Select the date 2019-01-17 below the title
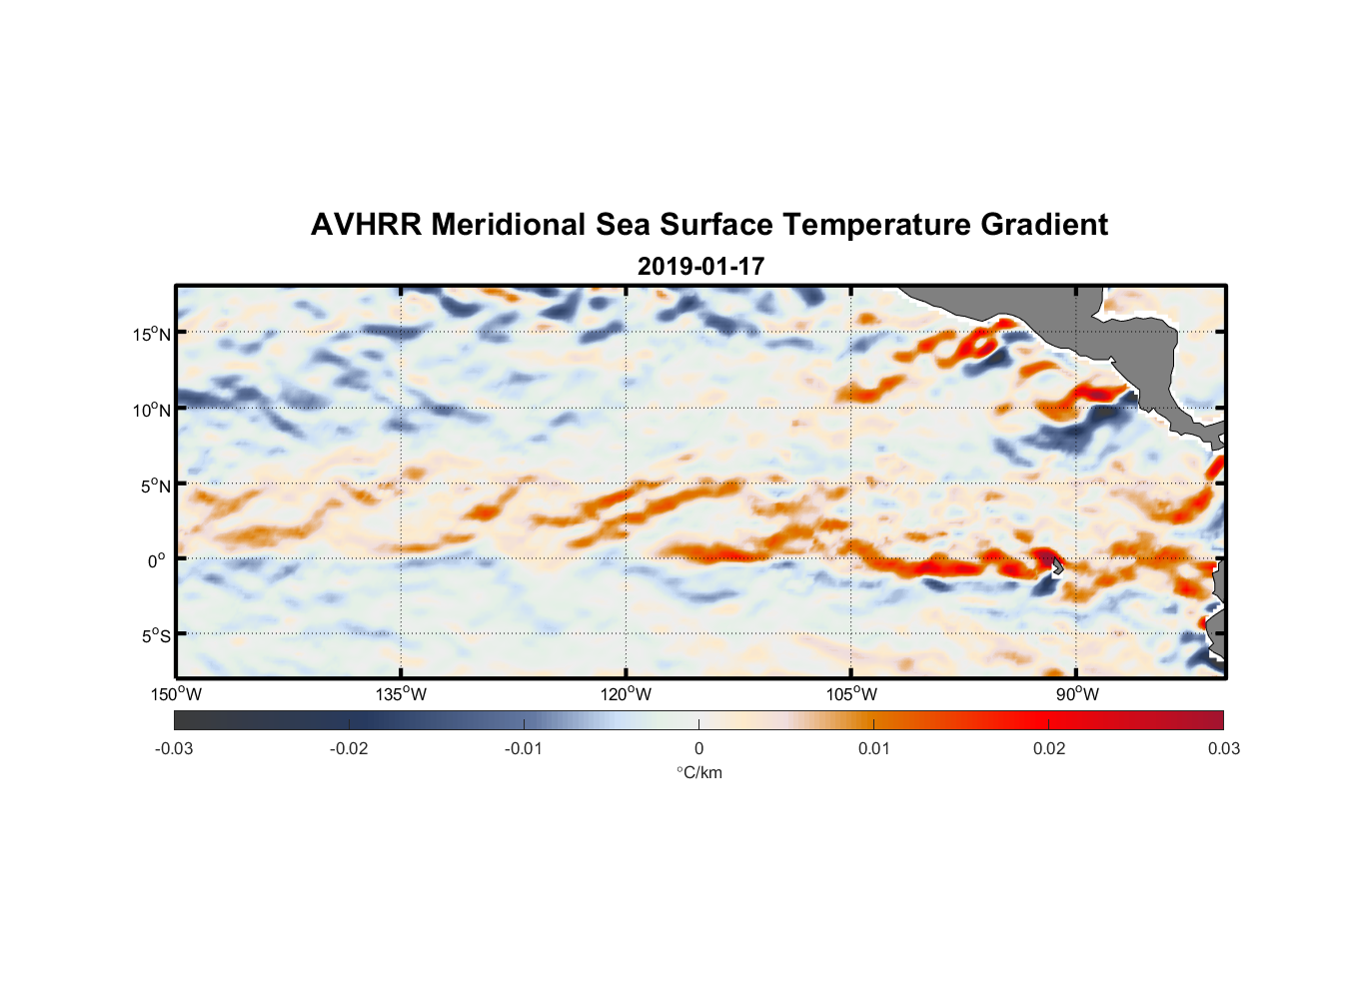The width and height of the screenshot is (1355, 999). (700, 267)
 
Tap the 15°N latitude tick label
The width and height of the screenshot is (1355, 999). (152, 334)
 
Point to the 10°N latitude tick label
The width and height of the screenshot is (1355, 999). (152, 410)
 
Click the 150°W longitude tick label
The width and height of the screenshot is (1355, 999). (176, 694)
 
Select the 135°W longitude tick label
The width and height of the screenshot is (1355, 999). (402, 694)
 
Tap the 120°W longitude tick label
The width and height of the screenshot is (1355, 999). (627, 694)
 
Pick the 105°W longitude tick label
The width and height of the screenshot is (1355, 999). (851, 694)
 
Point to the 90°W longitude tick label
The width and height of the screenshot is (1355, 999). (1077, 694)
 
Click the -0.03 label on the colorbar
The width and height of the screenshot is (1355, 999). (174, 748)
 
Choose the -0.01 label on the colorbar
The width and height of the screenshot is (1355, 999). (524, 748)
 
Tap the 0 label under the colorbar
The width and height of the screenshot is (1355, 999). (698, 748)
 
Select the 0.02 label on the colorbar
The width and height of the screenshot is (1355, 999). (1049, 748)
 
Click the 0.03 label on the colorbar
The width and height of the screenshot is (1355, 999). (1223, 748)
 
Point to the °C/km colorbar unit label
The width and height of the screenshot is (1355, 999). (698, 772)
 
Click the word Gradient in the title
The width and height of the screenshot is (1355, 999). (1044, 225)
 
